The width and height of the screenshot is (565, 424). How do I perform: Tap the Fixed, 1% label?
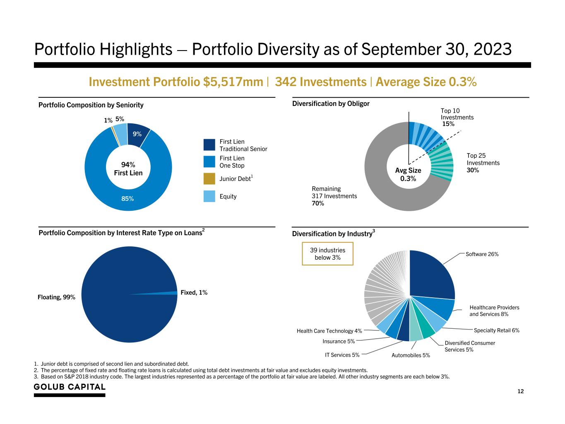(194, 292)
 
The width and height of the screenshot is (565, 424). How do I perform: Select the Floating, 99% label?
(56, 297)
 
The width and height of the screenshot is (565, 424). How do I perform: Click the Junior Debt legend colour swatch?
(209, 178)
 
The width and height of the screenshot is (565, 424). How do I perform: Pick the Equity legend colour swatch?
(209, 196)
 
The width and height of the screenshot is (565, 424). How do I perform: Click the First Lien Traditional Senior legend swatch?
(209, 145)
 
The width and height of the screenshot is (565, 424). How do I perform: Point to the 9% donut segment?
(137, 134)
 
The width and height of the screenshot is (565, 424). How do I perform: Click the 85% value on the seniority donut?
(127, 199)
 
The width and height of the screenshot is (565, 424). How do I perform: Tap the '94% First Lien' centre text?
(128, 169)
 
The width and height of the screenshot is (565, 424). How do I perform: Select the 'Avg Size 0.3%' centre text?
(408, 174)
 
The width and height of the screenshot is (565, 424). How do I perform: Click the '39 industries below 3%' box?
(327, 254)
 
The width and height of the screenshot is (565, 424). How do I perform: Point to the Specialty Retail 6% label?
(496, 330)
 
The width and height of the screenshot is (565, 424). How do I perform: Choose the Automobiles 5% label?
(411, 355)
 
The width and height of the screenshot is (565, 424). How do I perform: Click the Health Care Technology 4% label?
(329, 331)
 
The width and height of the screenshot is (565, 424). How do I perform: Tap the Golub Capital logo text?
(70, 387)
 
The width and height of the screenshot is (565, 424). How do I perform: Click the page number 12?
(520, 391)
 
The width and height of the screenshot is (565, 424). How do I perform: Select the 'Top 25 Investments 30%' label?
(483, 163)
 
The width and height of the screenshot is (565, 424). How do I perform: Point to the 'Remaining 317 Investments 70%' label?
(334, 196)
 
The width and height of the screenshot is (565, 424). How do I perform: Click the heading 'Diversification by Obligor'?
(331, 104)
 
